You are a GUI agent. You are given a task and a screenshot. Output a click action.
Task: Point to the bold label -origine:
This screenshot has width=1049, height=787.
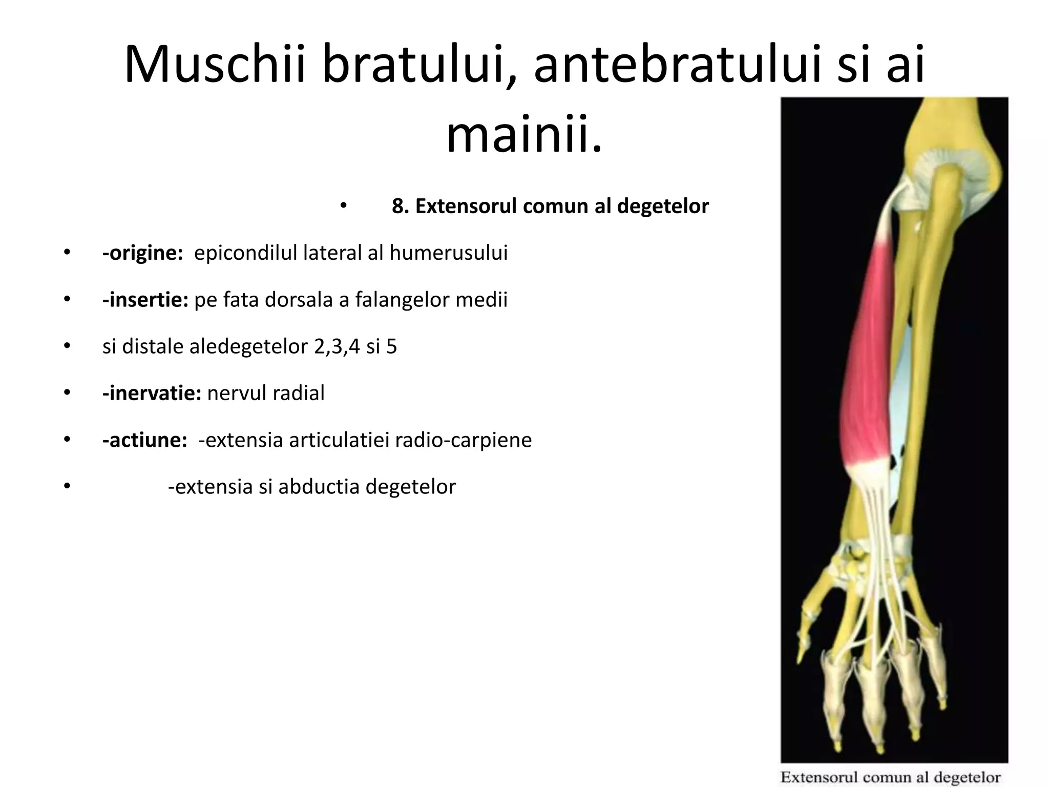(x=142, y=253)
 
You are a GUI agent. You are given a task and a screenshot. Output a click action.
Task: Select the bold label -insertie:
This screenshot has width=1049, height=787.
(x=145, y=300)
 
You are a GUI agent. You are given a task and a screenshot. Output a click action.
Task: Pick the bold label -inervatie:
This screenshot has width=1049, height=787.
(x=152, y=393)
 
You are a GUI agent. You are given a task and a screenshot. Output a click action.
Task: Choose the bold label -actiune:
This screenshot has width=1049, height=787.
(x=144, y=440)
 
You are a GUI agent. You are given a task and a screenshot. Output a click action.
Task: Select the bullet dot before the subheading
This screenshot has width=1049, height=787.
(x=343, y=206)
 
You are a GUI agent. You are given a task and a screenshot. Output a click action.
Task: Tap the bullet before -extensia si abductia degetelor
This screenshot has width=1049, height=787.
(x=66, y=487)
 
